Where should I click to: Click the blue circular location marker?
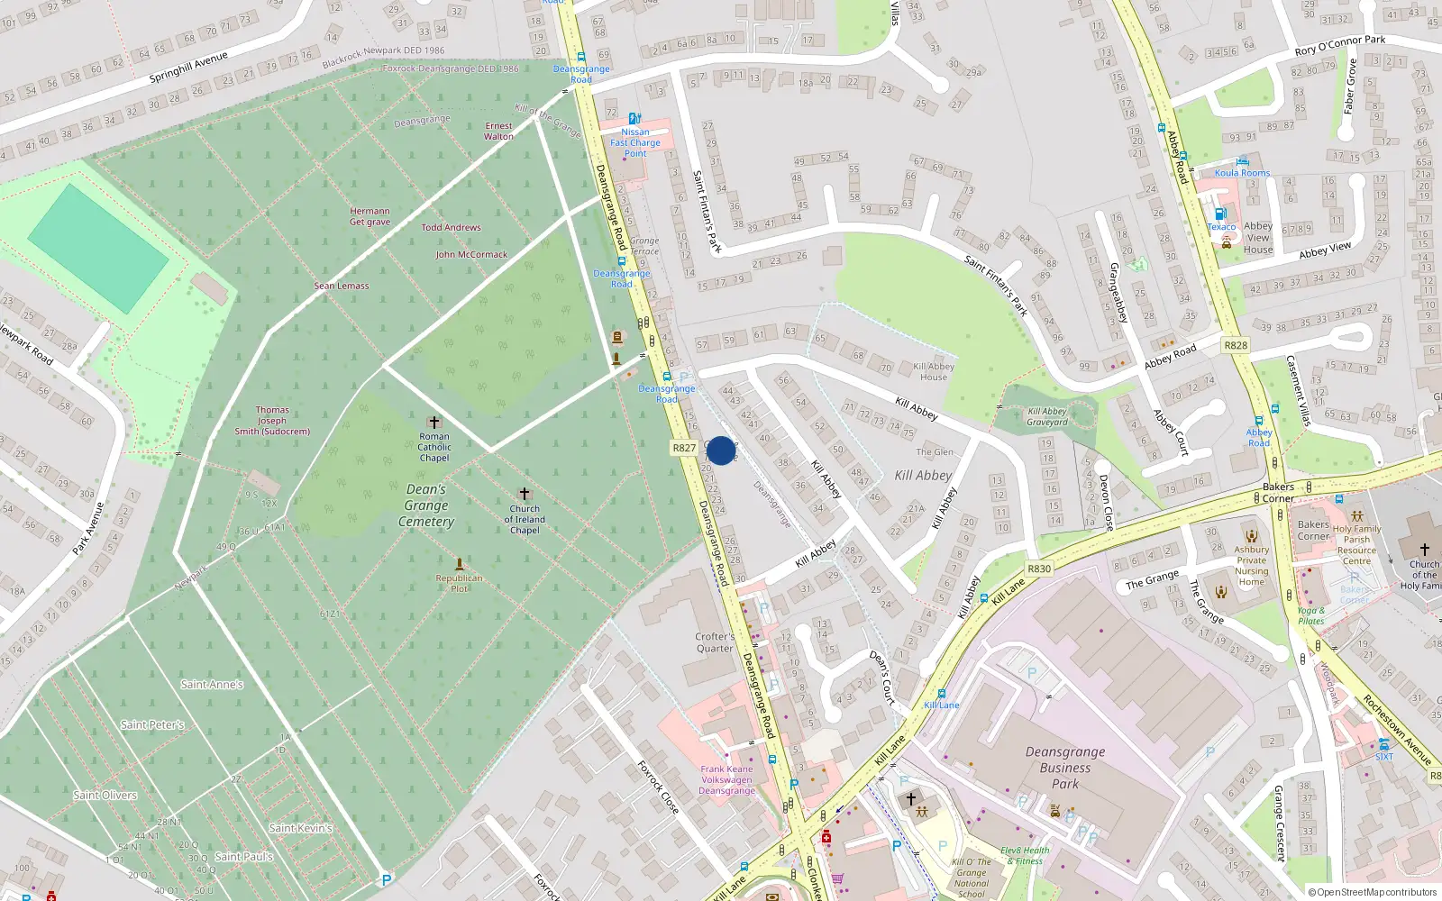click(721, 450)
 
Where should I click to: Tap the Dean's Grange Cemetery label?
click(426, 505)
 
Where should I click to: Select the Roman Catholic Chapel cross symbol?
click(434, 422)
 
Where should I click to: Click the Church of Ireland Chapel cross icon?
click(525, 494)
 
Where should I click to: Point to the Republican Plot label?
click(459, 583)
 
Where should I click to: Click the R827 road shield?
click(684, 448)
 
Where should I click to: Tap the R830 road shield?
click(1039, 569)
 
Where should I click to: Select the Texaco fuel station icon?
click(1220, 214)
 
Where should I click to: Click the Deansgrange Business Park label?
click(1065, 768)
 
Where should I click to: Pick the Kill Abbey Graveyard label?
click(1047, 416)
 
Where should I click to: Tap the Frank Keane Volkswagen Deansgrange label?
click(727, 780)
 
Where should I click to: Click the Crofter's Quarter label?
click(715, 642)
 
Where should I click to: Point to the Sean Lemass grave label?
click(342, 286)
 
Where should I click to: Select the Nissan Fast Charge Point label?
click(635, 142)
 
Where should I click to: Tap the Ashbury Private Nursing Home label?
click(1251, 565)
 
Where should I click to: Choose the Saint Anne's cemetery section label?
click(212, 685)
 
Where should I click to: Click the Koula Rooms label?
click(1242, 173)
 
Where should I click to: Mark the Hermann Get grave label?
click(370, 216)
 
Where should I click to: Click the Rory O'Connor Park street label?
click(1339, 45)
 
